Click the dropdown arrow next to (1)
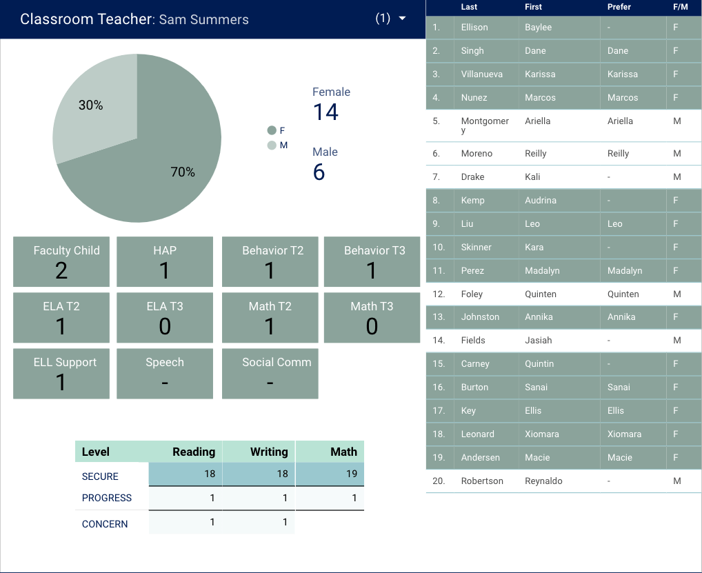tap(403, 19)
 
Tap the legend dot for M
tap(272, 145)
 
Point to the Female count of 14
tap(325, 112)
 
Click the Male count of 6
tap(319, 172)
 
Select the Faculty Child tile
tap(61, 261)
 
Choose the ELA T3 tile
tap(165, 317)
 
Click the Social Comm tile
tap(270, 373)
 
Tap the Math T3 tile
tap(372, 317)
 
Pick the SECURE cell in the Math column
tap(329, 474)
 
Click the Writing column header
tap(259, 452)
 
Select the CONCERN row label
tap(105, 524)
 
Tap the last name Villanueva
tap(482, 74)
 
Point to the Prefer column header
tap(619, 7)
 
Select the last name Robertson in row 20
tap(482, 481)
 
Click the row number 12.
tap(439, 294)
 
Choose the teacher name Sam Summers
tap(203, 19)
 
